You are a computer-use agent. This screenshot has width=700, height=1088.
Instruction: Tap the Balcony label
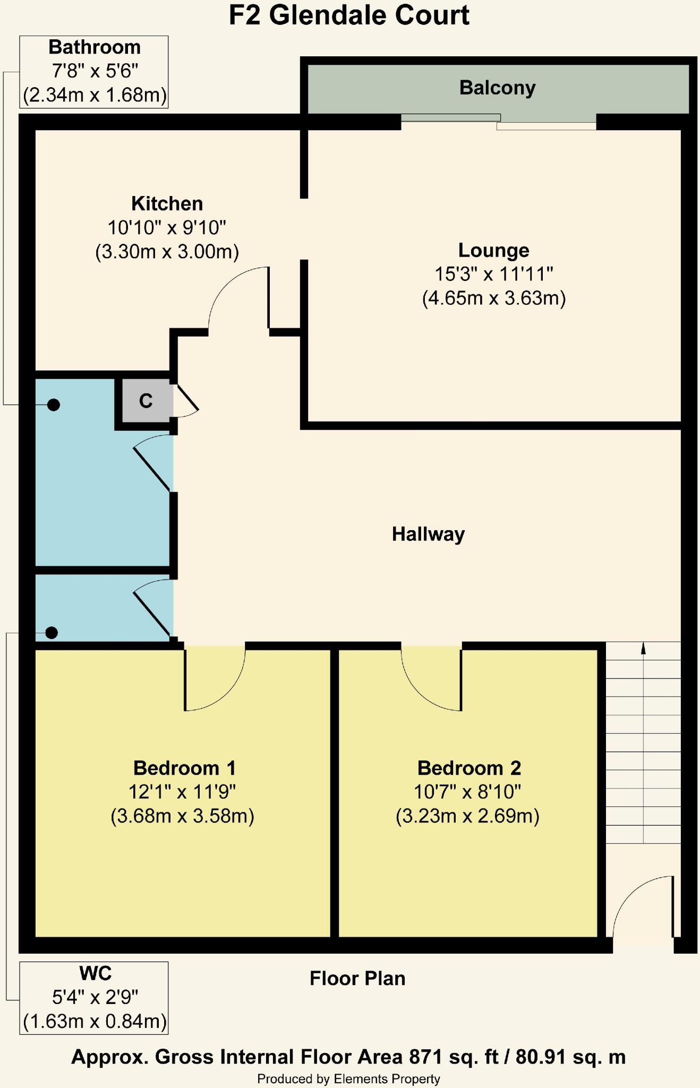497,88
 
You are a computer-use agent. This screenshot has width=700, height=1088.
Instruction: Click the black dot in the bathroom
53,405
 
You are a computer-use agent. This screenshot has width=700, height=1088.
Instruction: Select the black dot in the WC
52,633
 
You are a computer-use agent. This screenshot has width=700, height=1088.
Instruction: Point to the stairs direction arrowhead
643,648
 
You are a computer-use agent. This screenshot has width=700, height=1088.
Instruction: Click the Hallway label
428,534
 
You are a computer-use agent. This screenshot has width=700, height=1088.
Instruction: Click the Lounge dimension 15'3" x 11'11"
494,274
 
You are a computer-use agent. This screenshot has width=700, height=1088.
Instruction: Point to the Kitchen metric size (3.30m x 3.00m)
167,251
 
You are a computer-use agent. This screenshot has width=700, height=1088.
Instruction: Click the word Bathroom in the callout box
95,47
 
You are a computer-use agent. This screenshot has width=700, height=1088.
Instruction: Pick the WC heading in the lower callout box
95,973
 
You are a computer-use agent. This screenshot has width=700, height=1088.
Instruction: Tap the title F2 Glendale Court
349,15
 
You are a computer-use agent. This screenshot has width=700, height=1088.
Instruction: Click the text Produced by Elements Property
348,1079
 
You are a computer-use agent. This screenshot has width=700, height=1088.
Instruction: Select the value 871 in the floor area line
425,1057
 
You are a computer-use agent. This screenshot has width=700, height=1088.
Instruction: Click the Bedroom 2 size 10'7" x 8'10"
467,792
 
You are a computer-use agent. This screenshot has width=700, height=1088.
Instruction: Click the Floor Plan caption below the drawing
357,978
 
